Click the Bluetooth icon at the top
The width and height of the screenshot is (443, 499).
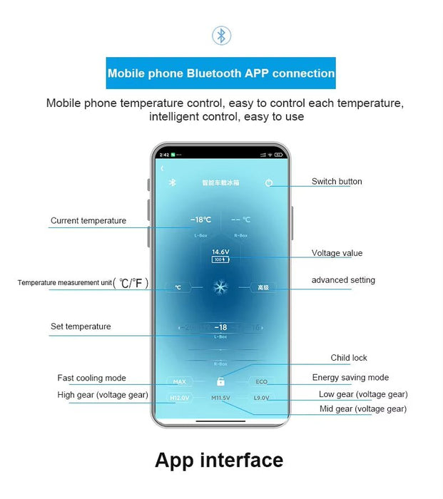click(221, 36)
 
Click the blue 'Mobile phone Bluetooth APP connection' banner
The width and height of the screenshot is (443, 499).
click(221, 73)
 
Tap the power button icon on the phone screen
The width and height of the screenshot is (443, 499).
click(269, 183)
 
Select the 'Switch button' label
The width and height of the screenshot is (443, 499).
click(337, 182)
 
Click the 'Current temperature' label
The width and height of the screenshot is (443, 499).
click(88, 221)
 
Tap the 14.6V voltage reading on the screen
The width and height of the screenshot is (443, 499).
click(220, 252)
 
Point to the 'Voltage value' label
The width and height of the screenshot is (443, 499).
click(337, 253)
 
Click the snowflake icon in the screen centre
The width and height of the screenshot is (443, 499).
click(220, 287)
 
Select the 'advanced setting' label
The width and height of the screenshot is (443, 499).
click(343, 280)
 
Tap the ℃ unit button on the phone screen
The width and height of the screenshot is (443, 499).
click(178, 288)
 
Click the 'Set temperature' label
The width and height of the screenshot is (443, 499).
click(81, 326)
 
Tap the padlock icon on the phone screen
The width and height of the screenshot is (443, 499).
click(221, 382)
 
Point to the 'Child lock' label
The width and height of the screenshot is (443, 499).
click(349, 358)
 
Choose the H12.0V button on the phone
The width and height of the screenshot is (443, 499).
click(179, 398)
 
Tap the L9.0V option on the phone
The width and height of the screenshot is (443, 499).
click(262, 398)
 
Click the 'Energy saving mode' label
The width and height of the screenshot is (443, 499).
click(350, 378)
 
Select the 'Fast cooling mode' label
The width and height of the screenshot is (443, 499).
click(92, 379)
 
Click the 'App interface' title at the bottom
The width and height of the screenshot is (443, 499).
click(219, 460)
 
